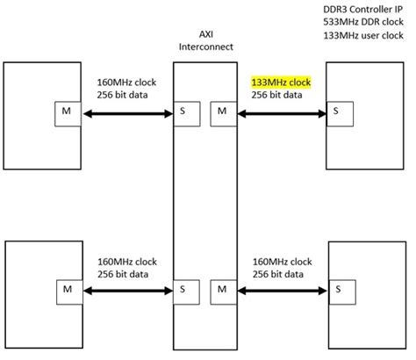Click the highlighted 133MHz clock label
pos(281,83)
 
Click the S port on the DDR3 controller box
pos(335,112)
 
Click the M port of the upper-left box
pos(68,112)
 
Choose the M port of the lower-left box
pos(68,287)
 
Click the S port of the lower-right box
pos(335,287)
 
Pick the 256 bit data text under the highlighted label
pos(276,95)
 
